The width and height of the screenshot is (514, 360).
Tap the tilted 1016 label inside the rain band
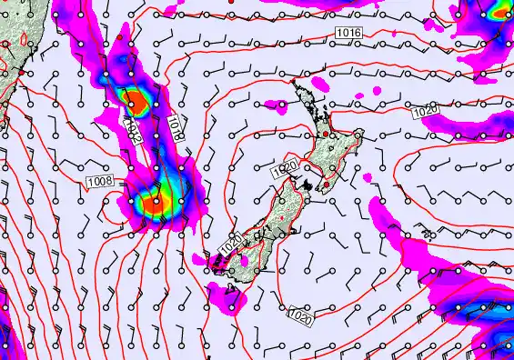pyautogui.click(x=176, y=125)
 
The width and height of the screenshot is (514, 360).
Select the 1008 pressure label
pyautogui.click(x=100, y=183)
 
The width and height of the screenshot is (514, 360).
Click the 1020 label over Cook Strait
pyautogui.click(x=285, y=169)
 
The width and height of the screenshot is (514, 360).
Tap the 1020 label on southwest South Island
pyautogui.click(x=230, y=244)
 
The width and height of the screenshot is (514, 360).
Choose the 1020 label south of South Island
pyautogui.click(x=300, y=315)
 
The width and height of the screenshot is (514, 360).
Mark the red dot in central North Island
pyautogui.click(x=325, y=135)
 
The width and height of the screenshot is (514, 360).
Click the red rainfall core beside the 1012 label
pyautogui.click(x=134, y=99)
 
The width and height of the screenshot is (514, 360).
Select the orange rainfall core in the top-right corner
pyautogui.click(x=499, y=13)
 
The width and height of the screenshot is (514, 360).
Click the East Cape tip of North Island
pyautogui.click(x=359, y=134)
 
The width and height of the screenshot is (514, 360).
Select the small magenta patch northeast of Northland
pyautogui.click(x=368, y=94)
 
